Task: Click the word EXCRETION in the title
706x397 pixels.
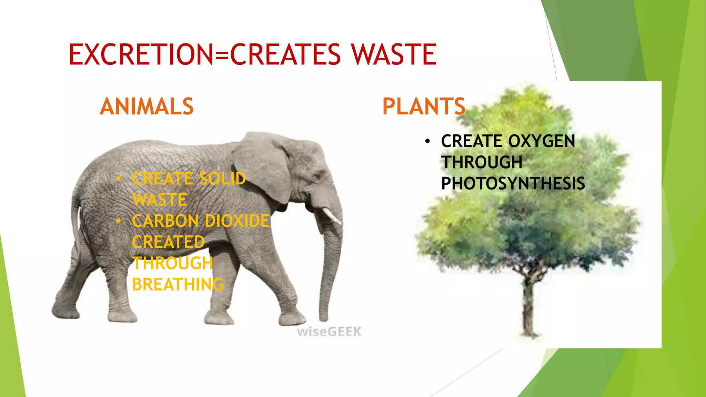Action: (141, 54)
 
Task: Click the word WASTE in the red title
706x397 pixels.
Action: (394, 54)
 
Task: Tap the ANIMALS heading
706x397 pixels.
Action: (147, 106)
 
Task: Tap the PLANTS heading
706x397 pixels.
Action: (424, 106)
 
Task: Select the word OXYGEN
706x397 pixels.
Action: (542, 141)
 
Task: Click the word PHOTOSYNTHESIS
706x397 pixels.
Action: (513, 183)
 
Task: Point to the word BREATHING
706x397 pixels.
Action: (178, 285)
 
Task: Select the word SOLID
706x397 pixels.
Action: (223, 179)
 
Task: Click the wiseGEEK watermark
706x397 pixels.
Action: (329, 332)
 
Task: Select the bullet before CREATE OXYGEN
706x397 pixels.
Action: (427, 141)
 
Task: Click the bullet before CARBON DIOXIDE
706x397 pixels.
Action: (118, 221)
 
